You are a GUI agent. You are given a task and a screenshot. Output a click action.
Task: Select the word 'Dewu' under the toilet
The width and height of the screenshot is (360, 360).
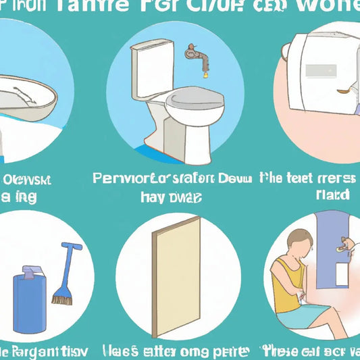(x=237, y=179)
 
